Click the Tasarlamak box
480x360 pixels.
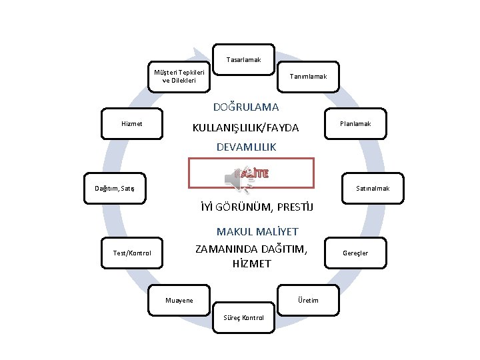pos(243,60)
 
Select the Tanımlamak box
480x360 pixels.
pos(308,77)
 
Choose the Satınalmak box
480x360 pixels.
pos(373,189)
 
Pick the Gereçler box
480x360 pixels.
pos(355,253)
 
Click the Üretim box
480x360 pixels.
pos(308,300)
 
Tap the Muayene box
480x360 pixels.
pos(179,300)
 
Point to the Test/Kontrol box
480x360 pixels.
pos(132,253)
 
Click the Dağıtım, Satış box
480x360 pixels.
pos(115,189)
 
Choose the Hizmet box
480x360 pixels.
pos(132,124)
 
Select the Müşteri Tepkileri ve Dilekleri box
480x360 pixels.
pos(179,77)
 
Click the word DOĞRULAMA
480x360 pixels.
pos(246,107)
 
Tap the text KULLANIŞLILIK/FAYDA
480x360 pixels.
pos(245,127)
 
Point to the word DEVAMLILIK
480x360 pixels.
pos(246,147)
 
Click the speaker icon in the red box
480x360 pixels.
pos(236,177)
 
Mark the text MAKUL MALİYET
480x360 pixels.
pos(257,232)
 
